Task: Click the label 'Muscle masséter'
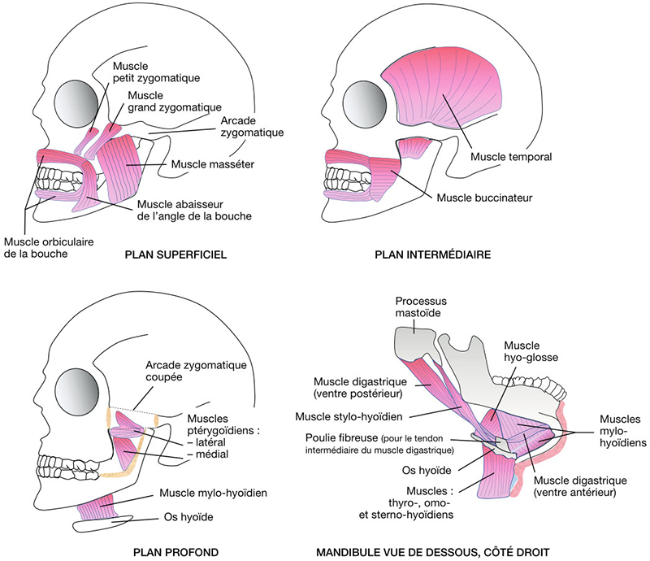[x=213, y=164]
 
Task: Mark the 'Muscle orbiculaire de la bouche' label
[x=36, y=247]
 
